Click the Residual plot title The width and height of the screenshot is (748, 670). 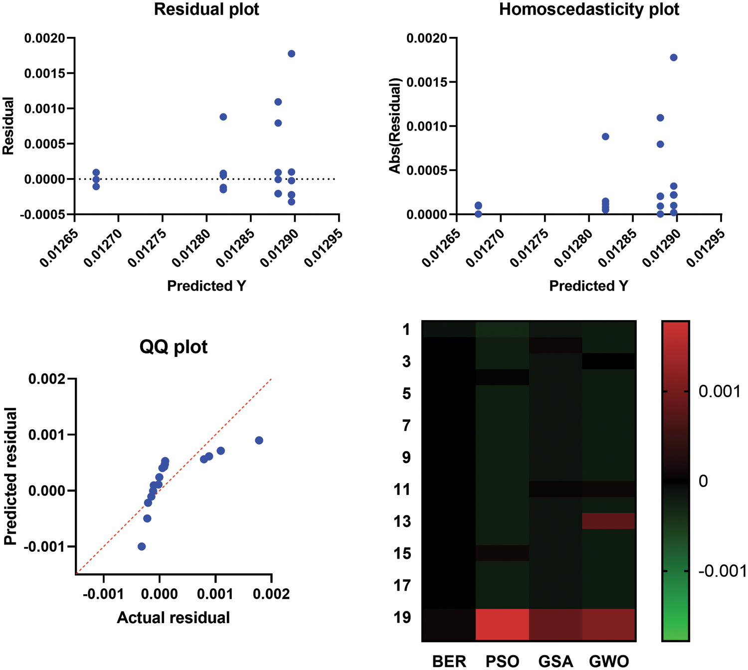point(206,9)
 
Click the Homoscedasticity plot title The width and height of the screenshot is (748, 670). point(589,9)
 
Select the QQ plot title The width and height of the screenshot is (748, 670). point(174,346)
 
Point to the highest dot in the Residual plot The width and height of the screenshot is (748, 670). point(292,54)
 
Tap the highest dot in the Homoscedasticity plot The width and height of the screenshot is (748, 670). point(674,58)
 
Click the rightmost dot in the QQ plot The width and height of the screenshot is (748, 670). point(259,440)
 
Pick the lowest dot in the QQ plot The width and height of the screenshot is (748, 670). point(142,546)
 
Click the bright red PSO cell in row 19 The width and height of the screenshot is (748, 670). point(502,624)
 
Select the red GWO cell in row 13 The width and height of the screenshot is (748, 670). point(608,521)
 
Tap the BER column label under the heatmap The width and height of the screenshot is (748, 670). point(449,662)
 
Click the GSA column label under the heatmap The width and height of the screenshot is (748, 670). point(556,662)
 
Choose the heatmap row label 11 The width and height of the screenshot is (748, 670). point(402,490)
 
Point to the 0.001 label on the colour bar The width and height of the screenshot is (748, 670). point(719,392)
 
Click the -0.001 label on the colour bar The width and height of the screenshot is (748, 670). point(722,571)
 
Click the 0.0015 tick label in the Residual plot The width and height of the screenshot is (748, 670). point(45,73)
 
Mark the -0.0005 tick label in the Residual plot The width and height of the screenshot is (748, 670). point(43,214)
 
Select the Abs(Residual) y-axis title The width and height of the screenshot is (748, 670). point(395,126)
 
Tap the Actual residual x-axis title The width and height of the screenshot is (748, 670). point(174,618)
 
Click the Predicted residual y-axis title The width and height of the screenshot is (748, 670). point(10,476)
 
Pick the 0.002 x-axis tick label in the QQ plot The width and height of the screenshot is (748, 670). point(272,594)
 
